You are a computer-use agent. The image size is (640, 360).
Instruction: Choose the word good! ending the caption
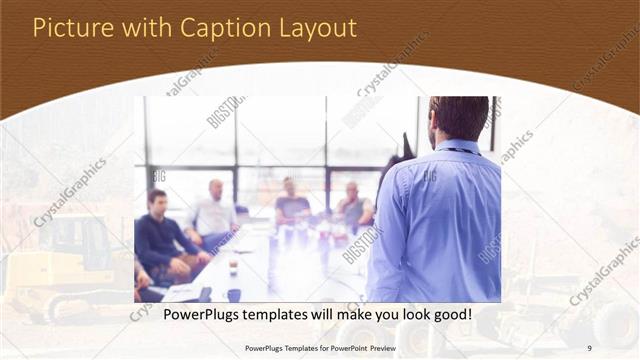pyautogui.click(x=450, y=314)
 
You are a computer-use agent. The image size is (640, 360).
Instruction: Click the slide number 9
pyautogui.click(x=590, y=347)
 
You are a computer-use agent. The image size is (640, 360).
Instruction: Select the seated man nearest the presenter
pyautogui.click(x=352, y=206)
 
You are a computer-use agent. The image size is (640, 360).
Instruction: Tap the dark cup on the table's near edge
pyautogui.click(x=234, y=294)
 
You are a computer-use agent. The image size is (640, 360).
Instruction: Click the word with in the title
pyautogui.click(x=139, y=28)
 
